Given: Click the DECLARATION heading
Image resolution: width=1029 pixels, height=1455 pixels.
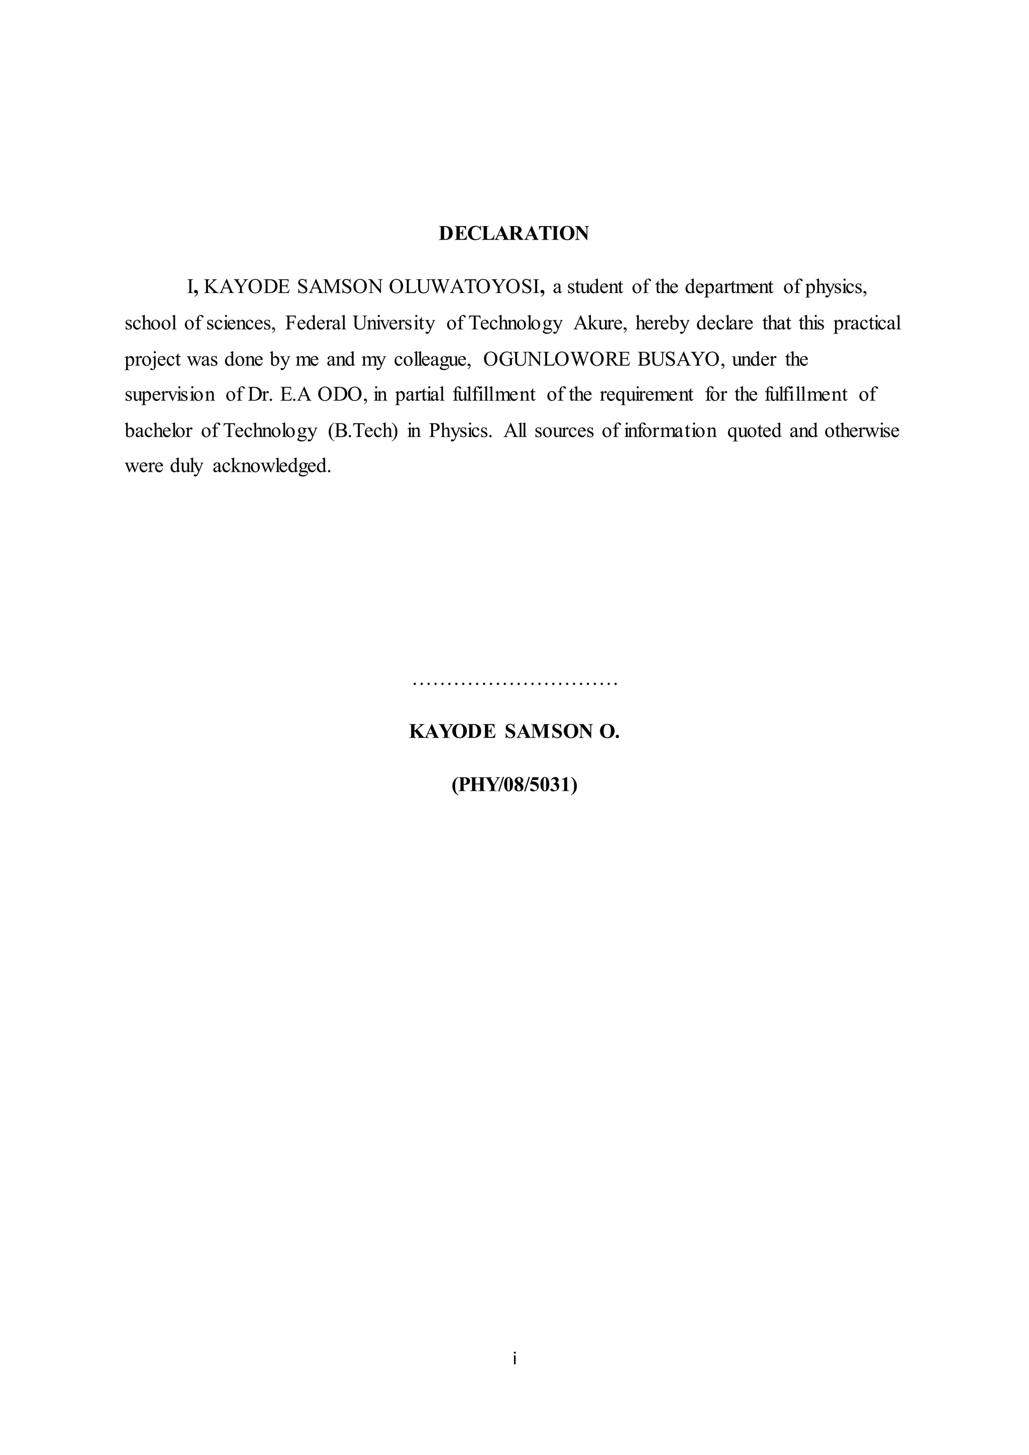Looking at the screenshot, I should pos(514,233).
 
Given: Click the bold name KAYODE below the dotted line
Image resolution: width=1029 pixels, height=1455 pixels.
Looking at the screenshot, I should pos(452,732).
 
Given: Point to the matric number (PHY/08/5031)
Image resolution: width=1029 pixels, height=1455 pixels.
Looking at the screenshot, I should pos(514,785).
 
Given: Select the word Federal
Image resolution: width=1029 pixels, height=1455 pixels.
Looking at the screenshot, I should pos(316,323).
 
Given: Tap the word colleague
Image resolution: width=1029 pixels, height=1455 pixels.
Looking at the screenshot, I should pos(432,359).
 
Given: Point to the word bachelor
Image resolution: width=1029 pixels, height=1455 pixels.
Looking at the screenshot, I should pos(158,431).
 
